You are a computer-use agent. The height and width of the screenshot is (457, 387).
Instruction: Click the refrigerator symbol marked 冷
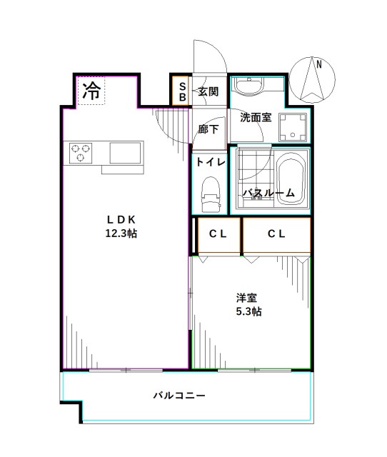pyautogui.click(x=91, y=91)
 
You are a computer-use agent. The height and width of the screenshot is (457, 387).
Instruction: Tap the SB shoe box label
pyautogui.click(x=182, y=91)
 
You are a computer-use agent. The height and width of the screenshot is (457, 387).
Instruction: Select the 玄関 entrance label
pyautogui.click(x=208, y=91)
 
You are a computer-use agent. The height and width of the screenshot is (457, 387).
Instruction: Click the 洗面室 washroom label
pyautogui.click(x=255, y=117)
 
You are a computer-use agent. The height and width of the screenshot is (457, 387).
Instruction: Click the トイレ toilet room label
pyautogui.click(x=211, y=162)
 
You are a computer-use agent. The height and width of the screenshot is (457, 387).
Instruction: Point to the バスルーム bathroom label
pyautogui.click(x=268, y=193)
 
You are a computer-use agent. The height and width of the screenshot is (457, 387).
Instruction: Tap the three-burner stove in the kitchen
pyautogui.click(x=80, y=151)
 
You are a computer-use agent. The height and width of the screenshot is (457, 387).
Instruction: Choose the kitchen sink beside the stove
pyautogui.click(x=126, y=151)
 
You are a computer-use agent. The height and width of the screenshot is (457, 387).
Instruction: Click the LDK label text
pyautogui.click(x=121, y=219)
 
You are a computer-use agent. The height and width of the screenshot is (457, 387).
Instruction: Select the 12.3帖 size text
pyautogui.click(x=121, y=233)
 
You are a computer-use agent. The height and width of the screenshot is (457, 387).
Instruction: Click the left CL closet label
pyautogui.click(x=218, y=233)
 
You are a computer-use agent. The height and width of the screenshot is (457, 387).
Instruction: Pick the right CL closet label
pyautogui.click(x=277, y=233)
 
